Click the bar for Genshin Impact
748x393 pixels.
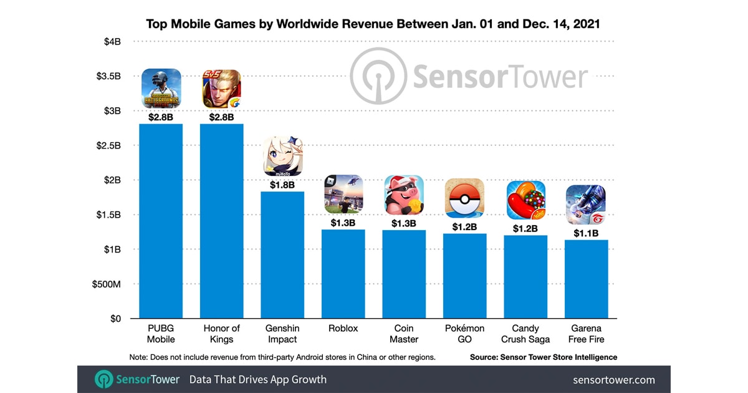282,255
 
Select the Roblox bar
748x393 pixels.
343,274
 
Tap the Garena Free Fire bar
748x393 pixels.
587,279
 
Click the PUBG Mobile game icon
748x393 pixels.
161,89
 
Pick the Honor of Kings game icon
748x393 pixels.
221,89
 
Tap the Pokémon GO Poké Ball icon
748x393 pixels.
464,198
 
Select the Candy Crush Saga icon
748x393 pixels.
525,200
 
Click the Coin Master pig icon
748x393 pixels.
404,195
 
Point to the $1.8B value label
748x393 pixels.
282,185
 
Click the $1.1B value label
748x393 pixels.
587,233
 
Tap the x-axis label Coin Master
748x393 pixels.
404,334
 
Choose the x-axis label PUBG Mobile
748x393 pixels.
161,334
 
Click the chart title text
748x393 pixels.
373,24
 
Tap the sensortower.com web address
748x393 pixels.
614,379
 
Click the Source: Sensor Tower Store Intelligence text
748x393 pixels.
544,357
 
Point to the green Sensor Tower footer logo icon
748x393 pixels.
103,379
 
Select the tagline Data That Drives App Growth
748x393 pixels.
257,379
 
